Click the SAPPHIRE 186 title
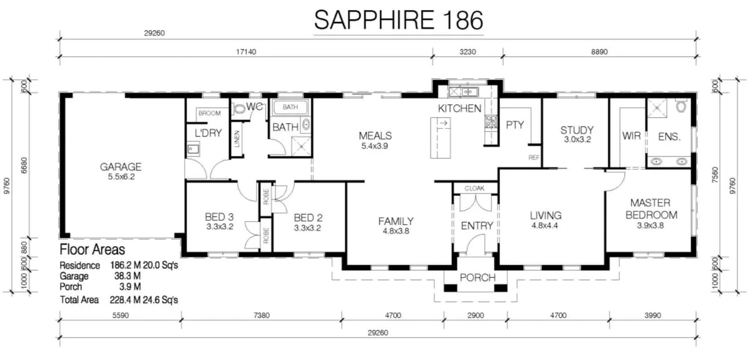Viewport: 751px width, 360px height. (x=399, y=20)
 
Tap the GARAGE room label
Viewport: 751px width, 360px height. (x=121, y=167)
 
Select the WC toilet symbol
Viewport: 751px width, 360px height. (x=239, y=109)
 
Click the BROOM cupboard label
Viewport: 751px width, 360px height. (x=210, y=113)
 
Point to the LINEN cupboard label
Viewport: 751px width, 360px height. (x=237, y=139)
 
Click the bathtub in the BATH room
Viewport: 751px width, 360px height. (x=290, y=107)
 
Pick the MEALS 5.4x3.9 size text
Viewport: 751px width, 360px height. (x=375, y=146)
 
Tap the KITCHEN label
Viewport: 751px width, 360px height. (x=459, y=108)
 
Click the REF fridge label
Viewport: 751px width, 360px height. (x=534, y=157)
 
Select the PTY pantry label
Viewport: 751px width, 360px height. (x=514, y=125)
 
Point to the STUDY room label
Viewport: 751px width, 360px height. (x=576, y=130)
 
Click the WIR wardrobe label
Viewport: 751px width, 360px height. (x=631, y=136)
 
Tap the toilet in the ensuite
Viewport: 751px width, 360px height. (x=681, y=105)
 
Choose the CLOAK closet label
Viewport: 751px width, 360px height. (x=474, y=188)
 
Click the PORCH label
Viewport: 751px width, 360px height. (x=478, y=278)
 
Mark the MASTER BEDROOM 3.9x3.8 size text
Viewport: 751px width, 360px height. (x=650, y=225)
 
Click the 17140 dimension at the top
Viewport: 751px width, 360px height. (x=246, y=52)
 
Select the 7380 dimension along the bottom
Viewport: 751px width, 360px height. (x=262, y=316)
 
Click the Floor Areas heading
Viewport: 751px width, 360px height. (x=92, y=250)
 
